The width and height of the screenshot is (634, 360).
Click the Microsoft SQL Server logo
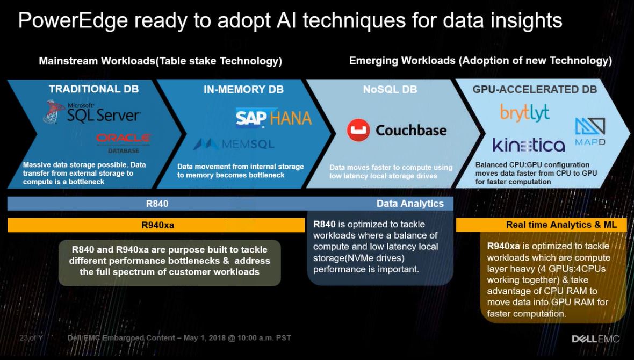tap(92, 112)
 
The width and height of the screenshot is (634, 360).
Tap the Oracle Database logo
tap(124, 143)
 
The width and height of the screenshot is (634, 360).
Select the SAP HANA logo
tap(273, 118)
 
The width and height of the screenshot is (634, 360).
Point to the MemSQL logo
tap(234, 143)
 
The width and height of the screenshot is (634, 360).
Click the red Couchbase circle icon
tap(358, 130)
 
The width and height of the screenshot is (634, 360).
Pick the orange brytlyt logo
tap(525, 112)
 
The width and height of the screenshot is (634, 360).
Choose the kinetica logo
tap(529, 145)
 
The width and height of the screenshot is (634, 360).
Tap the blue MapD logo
tap(590, 132)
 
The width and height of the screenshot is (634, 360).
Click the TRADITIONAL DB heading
tap(94, 89)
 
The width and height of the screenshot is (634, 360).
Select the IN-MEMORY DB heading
tap(243, 89)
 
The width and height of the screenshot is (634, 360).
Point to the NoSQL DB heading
tap(390, 89)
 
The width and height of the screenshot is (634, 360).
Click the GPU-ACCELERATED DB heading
tap(535, 89)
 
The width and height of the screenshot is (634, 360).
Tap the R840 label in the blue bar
tap(157, 204)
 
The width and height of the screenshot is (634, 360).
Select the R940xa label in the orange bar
tap(157, 225)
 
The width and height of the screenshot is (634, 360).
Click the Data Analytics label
tap(410, 204)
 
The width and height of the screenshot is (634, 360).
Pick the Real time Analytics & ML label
tap(561, 225)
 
